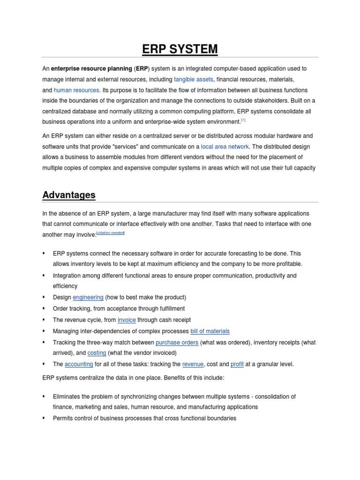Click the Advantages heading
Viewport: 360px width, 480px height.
(69, 195)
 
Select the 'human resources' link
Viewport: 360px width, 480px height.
(76, 90)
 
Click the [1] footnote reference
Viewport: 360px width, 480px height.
(243, 120)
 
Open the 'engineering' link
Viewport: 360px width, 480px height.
(88, 297)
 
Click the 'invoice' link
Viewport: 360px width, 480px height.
(127, 320)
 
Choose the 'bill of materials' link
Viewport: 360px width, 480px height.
(210, 331)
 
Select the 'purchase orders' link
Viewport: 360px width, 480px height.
(177, 342)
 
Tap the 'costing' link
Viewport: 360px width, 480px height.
(97, 353)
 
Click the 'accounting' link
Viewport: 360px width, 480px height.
(79, 364)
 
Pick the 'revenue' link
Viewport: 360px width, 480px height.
(193, 364)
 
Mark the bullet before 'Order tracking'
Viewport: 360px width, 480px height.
(44, 308)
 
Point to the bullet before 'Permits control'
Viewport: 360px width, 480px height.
(44, 418)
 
